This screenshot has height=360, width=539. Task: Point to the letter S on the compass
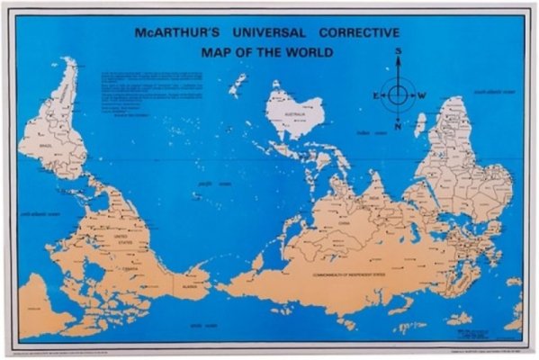[396, 53]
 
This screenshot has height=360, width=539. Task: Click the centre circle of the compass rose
[396, 94]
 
